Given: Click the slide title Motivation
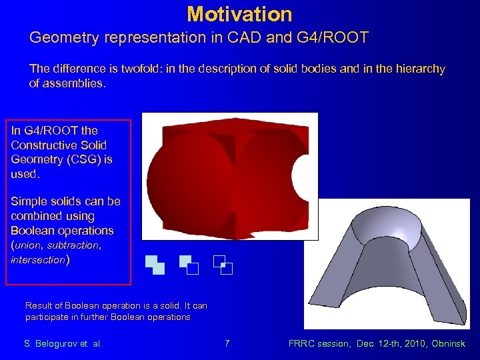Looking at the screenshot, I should pyautogui.click(x=239, y=14).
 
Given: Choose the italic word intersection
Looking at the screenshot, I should pyautogui.click(x=37, y=260).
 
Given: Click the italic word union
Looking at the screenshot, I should pyautogui.click(x=28, y=245).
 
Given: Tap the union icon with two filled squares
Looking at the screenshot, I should pyautogui.click(x=155, y=265).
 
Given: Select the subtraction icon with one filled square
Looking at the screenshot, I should pyautogui.click(x=189, y=265).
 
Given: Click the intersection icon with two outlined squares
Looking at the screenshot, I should pyautogui.click(x=223, y=265).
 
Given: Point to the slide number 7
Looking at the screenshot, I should pyautogui.click(x=227, y=344).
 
